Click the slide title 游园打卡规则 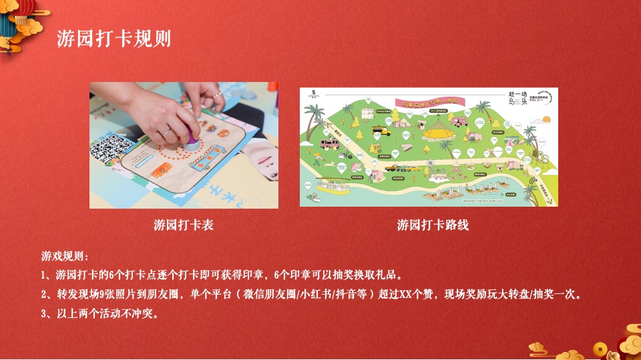coord(113,39)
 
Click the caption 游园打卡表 coord(184,225)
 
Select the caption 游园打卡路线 coord(433,225)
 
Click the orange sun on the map coord(546,119)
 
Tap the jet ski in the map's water coord(312,197)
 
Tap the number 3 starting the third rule coord(44,313)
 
